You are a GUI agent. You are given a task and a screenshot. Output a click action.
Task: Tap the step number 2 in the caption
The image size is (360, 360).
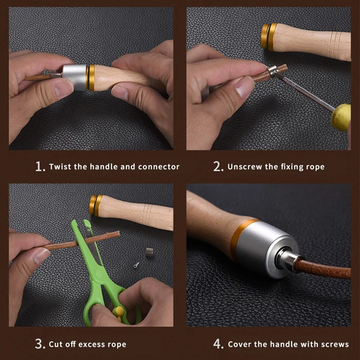pyautogui.click(x=218, y=166)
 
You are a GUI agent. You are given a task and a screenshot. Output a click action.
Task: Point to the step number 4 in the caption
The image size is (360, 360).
pyautogui.click(x=218, y=344)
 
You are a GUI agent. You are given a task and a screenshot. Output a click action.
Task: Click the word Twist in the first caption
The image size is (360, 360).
pyautogui.click(x=60, y=166)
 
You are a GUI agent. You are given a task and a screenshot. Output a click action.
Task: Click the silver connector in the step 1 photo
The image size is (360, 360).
pyautogui.click(x=75, y=77)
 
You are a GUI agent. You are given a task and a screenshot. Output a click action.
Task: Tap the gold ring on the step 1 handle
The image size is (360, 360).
pyautogui.click(x=91, y=77)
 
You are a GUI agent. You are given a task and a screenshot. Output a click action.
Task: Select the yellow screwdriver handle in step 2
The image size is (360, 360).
pyautogui.click(x=341, y=117)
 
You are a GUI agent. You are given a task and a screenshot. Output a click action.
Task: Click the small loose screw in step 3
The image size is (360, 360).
pyautogui.click(x=135, y=265)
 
